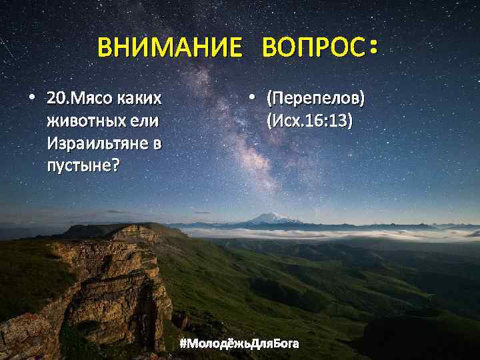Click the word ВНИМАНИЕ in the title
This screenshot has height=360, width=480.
(170, 49)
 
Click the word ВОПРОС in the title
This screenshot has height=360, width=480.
(313, 49)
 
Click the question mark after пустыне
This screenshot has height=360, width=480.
(116, 164)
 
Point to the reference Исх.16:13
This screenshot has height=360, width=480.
(309, 121)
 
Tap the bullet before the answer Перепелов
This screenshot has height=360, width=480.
(251, 99)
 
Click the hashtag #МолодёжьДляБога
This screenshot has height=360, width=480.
(239, 344)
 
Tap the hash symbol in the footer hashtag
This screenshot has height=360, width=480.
(183, 344)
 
